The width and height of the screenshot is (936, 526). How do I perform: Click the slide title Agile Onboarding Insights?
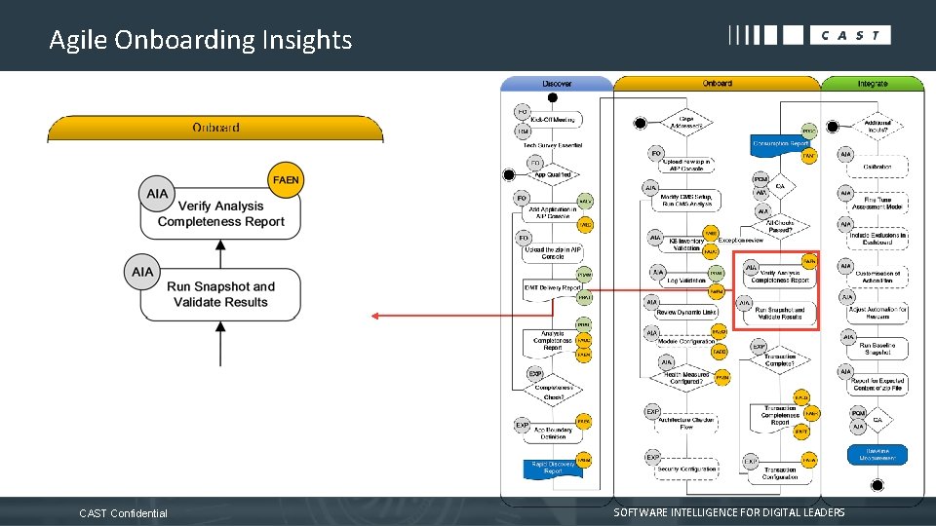[200, 40]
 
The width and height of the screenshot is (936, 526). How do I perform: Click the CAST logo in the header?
[809, 35]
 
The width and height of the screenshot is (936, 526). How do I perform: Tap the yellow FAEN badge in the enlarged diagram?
[286, 180]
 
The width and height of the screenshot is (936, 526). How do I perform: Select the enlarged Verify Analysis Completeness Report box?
[220, 213]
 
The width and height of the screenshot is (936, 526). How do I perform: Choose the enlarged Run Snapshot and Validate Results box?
[220, 294]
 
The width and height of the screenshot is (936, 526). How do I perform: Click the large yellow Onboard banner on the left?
[215, 129]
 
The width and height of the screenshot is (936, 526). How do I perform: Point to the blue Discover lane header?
[557, 84]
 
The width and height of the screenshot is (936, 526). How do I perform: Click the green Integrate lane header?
[872, 84]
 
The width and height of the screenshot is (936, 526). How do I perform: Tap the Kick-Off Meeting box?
[552, 120]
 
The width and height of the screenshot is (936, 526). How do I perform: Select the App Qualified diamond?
[552, 174]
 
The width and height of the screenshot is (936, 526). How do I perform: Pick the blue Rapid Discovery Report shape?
[552, 468]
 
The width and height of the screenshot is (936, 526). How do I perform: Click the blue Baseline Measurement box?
[877, 455]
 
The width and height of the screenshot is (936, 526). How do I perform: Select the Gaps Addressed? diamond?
[686, 123]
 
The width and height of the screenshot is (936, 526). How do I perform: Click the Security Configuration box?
[686, 469]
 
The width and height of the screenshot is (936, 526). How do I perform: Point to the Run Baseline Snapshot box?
[877, 349]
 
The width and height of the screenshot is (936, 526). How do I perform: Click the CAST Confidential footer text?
[123, 513]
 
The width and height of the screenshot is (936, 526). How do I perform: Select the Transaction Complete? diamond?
[780, 359]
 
